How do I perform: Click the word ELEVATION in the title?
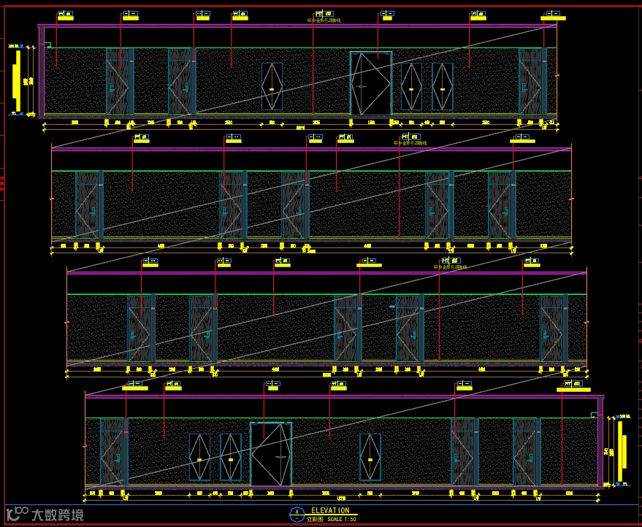coord(329,510)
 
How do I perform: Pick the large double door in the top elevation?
coord(370,83)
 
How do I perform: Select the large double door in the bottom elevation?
coord(271,453)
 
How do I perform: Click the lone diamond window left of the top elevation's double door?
coord(272,87)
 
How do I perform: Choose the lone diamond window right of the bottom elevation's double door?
coord(370,457)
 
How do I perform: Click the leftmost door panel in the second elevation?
coord(87,205)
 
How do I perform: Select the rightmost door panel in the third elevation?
coord(552,328)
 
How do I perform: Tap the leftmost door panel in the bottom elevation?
coord(112,452)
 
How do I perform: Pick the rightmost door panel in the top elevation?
coord(532,81)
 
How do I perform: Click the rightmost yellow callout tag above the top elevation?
coord(555,15)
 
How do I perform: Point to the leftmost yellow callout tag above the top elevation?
coord(66,15)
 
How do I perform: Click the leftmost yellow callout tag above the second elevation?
coord(140,137)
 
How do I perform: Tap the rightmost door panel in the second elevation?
coord(500,205)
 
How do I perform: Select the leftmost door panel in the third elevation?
coord(140,328)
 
